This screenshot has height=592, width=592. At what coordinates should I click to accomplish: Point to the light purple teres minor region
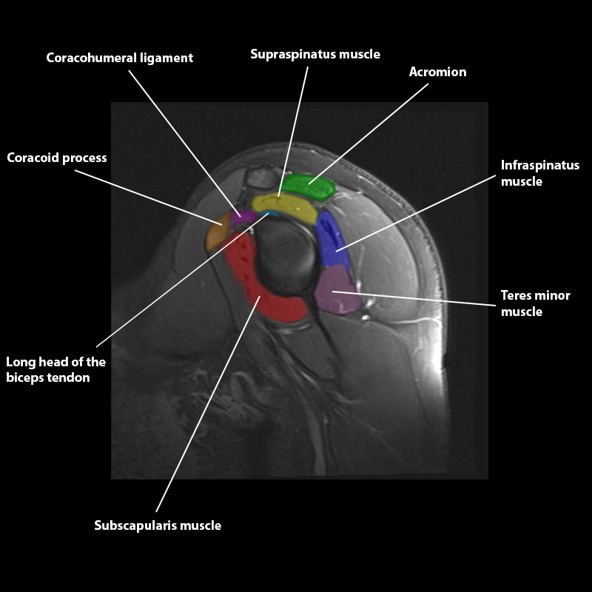tap(336, 292)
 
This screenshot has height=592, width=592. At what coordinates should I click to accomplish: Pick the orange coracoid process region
tap(217, 235)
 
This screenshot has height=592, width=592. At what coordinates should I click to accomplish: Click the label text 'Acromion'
tap(437, 72)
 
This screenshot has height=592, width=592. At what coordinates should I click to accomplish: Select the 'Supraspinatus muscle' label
tap(314, 54)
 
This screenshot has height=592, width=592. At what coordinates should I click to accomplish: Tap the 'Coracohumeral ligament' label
tap(119, 57)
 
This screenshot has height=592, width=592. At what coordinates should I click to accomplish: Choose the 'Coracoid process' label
tap(57, 158)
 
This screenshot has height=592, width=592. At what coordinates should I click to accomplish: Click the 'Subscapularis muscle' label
tap(158, 525)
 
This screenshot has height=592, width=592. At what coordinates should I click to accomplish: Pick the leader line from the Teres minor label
tap(414, 298)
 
